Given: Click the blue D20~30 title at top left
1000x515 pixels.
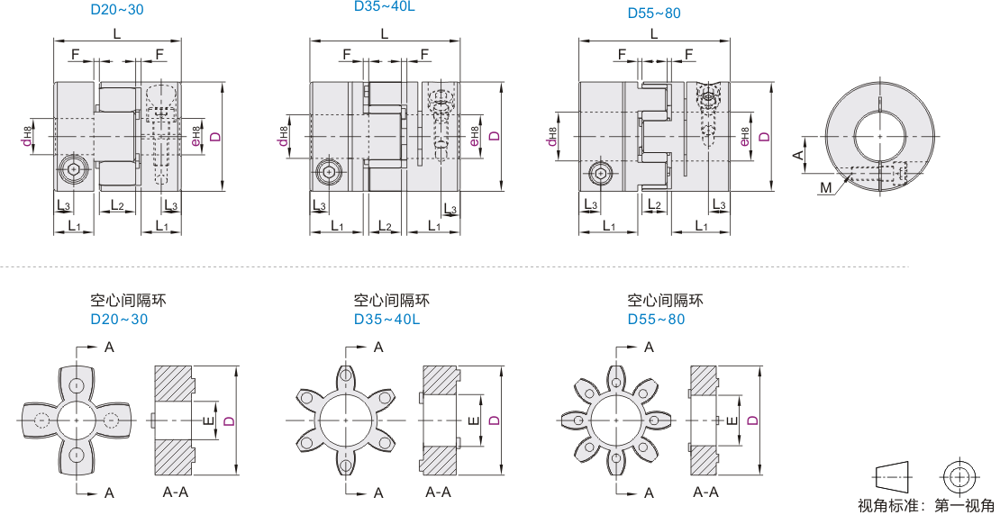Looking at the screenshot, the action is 119,11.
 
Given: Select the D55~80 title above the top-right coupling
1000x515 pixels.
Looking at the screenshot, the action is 654,14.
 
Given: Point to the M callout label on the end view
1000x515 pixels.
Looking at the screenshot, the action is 826,188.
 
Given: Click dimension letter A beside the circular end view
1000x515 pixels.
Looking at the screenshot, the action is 796,155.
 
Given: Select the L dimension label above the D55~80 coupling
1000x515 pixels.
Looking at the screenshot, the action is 655,35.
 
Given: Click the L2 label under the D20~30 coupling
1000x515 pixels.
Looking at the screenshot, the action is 117,204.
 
